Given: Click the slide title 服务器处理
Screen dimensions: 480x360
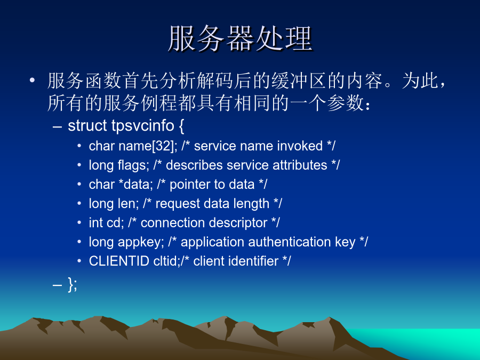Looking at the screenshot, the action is (241, 38).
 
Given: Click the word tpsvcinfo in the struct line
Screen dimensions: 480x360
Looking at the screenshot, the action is (142, 125).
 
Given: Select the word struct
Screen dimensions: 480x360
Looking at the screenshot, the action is (87, 125).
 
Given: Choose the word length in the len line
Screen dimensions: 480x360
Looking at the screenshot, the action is (251, 204).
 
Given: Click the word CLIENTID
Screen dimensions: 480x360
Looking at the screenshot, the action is (119, 261).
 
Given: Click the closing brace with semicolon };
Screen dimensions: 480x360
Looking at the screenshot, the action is (72, 285).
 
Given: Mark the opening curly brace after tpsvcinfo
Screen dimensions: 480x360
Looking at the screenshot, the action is (181, 126).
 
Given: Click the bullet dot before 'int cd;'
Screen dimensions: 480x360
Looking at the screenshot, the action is (79, 222).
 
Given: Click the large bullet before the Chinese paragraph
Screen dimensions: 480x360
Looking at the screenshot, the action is (32, 81).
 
